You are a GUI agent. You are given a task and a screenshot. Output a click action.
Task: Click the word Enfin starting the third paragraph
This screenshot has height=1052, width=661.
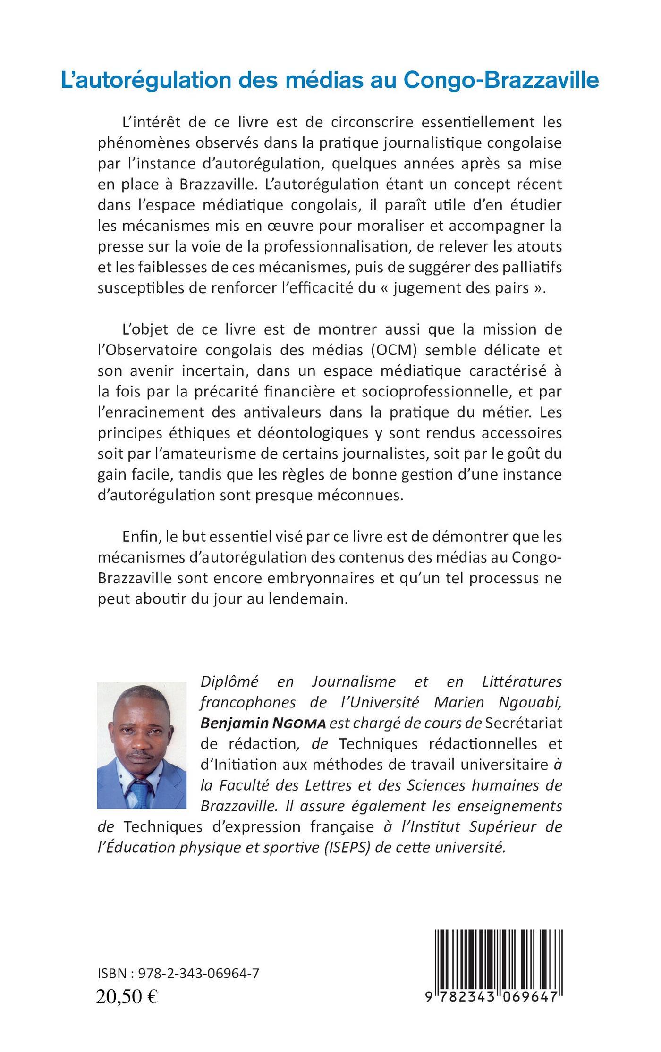138,537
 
